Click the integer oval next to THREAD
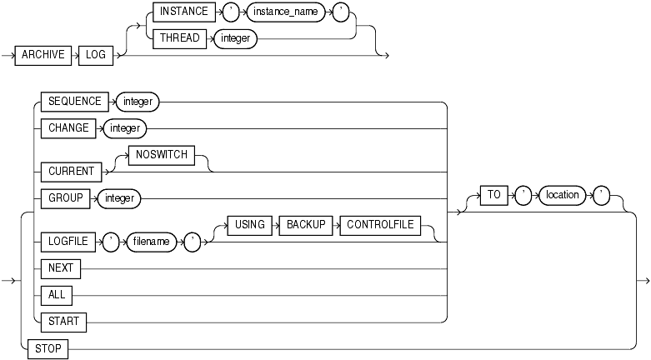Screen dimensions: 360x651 (236, 38)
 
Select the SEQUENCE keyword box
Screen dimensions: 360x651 (74, 102)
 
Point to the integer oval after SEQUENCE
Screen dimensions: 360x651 (138, 102)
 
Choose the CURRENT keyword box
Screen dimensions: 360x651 (69, 171)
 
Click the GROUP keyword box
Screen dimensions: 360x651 (63, 197)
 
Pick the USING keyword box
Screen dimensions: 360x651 (249, 225)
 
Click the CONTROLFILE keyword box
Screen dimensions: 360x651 (380, 225)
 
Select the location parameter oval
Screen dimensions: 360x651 (562, 195)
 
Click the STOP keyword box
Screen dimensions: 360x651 (48, 349)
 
